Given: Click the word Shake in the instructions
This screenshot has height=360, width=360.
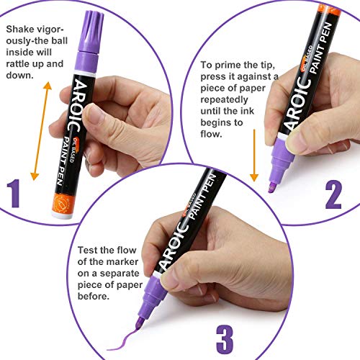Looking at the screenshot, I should point(20,30).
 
